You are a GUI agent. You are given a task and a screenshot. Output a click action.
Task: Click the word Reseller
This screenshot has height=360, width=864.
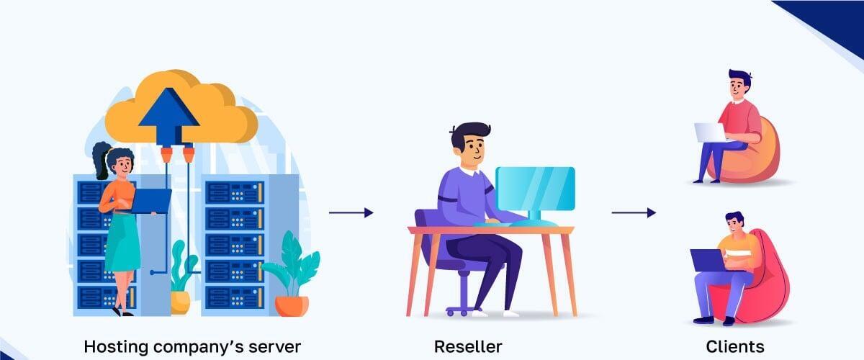(x=467, y=346)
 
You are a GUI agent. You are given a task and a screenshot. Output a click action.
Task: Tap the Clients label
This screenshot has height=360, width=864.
(x=734, y=346)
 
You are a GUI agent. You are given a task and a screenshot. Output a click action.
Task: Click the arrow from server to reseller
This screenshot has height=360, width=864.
(x=351, y=212)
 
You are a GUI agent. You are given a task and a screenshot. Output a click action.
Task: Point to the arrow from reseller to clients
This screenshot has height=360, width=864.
(x=634, y=212)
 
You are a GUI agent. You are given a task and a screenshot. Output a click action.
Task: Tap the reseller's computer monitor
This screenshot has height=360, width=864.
(x=536, y=189)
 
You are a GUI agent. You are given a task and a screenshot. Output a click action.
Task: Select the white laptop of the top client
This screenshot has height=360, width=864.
(x=709, y=132)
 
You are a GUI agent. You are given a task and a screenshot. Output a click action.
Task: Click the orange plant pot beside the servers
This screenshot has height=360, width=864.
(x=292, y=305)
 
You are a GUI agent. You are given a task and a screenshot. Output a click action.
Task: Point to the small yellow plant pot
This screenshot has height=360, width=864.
(x=180, y=302)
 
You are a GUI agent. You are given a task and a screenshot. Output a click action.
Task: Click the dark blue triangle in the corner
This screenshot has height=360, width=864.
(x=828, y=18)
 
